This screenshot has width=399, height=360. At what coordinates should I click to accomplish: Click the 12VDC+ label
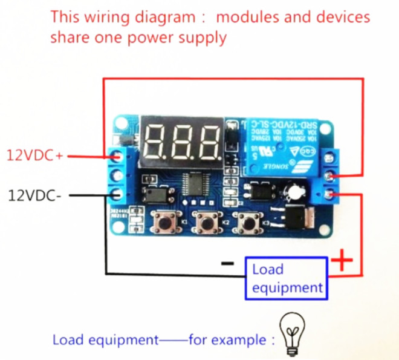pyautogui.click(x=34, y=155)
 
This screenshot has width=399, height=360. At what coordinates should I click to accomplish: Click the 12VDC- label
pyautogui.click(x=34, y=195)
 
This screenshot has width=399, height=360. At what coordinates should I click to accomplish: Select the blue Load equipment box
pyautogui.click(x=287, y=278)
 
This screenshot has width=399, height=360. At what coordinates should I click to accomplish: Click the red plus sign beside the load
pyautogui.click(x=343, y=261)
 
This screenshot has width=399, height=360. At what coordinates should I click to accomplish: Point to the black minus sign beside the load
pyautogui.click(x=227, y=263)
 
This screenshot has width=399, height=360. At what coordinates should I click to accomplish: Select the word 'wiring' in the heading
pyautogui.click(x=102, y=16)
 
